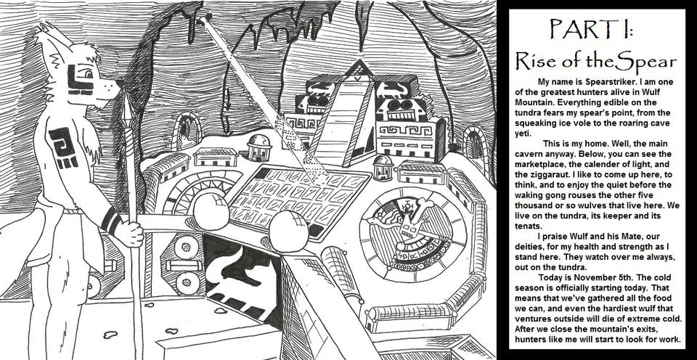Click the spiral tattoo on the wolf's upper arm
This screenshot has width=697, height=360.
tap(62, 142)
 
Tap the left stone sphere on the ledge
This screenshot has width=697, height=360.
tap(211, 211)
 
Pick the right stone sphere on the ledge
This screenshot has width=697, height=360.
tap(288, 231)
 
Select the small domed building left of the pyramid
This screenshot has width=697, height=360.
tap(258, 147)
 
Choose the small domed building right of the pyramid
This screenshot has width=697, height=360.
tap(383, 168)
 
